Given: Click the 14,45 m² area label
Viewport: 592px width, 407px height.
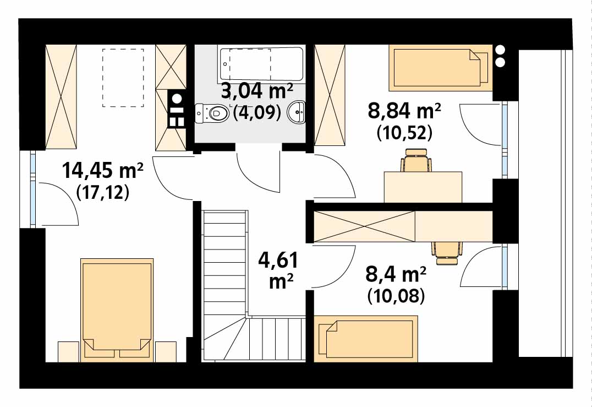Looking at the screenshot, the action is coord(102,170).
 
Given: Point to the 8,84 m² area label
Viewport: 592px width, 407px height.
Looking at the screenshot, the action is coord(404,111).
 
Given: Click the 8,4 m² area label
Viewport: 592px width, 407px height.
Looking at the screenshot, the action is coord(396,274).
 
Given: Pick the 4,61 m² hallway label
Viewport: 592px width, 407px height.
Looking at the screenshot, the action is coord(278,270).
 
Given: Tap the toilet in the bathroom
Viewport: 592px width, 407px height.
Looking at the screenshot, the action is coord(211,112).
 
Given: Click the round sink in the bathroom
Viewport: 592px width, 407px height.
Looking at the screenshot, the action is coord(297,112).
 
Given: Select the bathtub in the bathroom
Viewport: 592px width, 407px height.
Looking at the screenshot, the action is coord(261,64).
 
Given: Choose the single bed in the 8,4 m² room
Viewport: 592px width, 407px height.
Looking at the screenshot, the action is coord(366,337).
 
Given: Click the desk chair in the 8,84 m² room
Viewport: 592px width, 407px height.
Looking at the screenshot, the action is coord(416,161).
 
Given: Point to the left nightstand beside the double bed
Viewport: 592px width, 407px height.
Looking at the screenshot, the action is coord(68,352).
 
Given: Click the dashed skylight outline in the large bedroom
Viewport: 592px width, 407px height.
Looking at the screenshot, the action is coord(123,78).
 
